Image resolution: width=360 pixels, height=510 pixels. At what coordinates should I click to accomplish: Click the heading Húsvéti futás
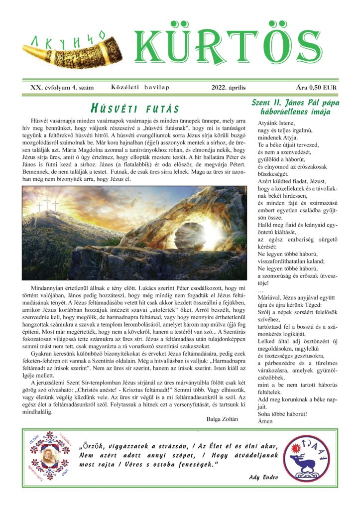[135, 108]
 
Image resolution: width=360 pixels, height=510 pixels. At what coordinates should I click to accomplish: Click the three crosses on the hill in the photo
[46, 206]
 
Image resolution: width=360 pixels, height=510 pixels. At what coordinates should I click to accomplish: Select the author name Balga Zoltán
[222, 419]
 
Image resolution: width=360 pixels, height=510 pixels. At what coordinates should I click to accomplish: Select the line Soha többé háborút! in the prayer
[282, 413]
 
